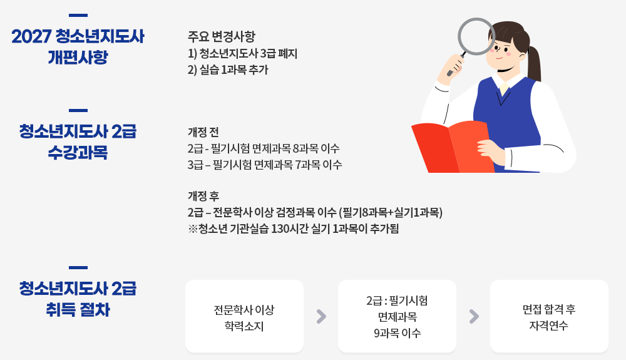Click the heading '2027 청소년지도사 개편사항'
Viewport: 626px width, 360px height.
78,46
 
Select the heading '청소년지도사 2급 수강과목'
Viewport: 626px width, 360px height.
78,141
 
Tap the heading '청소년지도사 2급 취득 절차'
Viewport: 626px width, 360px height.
78,299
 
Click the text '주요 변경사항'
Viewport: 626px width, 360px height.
221,36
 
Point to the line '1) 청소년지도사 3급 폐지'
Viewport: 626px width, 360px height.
242,53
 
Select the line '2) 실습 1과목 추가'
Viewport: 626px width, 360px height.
227,70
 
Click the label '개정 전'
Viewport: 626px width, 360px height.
203,132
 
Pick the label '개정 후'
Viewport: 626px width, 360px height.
203,195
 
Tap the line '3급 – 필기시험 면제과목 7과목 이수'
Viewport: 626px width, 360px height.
265,165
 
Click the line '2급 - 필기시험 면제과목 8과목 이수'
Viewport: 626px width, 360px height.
264,149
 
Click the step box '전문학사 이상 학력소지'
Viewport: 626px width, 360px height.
244,316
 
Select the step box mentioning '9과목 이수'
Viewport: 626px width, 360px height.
397,316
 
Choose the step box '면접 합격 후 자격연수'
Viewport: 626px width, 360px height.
549,316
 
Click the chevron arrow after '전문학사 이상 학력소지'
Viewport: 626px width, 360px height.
321,316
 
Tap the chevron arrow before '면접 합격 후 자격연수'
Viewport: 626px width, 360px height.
474,316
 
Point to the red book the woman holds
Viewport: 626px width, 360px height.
451,147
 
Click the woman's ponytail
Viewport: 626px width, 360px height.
534,66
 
